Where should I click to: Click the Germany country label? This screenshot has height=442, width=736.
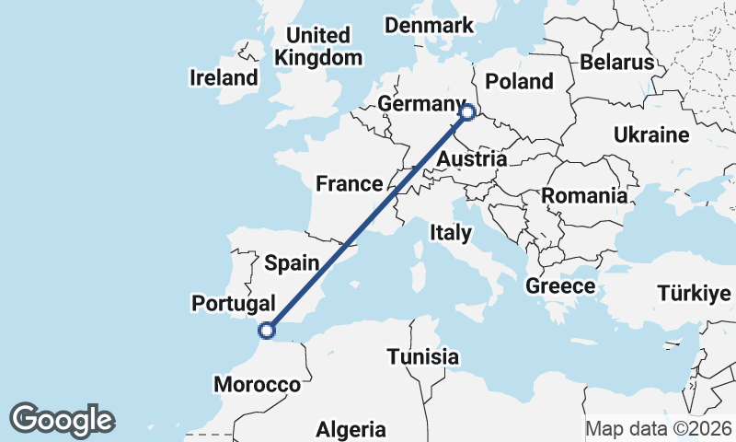pos(418,104)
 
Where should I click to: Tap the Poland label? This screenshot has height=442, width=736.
pos(519,81)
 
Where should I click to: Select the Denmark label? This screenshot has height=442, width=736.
pos(429,25)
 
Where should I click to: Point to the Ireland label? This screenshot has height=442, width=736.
pos(224,77)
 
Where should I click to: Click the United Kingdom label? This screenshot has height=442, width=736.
pos(317,46)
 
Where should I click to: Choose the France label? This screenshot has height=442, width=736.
pos(349,183)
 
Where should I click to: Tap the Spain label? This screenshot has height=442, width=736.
pos(292,263)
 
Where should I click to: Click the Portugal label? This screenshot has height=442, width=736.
pos(233,303)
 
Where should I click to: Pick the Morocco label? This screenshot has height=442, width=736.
pos(257,384)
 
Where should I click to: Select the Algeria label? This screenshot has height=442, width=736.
pos(351,429)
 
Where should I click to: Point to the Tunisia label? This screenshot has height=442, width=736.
pos(422,355)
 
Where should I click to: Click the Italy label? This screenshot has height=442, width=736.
pos(450,233)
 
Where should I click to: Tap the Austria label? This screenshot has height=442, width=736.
pos(471,159)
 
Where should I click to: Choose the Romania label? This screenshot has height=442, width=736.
pos(584,195)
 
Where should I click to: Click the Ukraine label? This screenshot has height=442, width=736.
pos(650,135)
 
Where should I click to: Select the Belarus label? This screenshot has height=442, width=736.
pos(616,63)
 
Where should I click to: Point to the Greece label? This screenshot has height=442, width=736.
pos(560,286)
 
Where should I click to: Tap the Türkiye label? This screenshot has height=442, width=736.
pos(694,294)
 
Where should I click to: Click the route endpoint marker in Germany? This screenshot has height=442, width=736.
pos(467,112)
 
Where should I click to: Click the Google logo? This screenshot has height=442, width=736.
pos(62,419)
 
